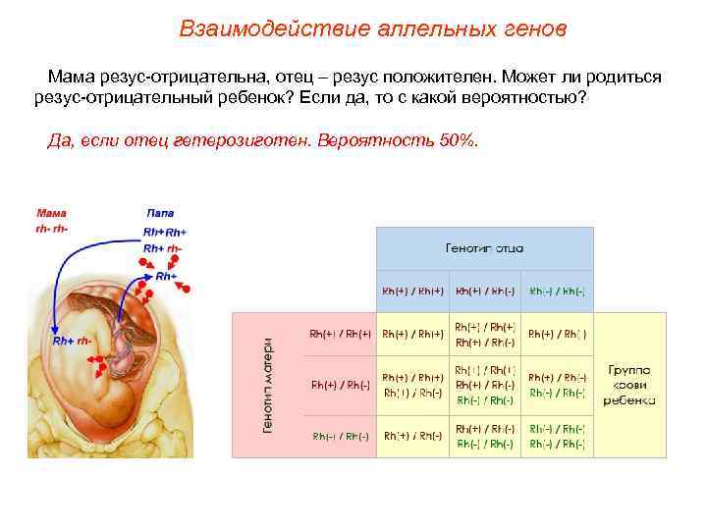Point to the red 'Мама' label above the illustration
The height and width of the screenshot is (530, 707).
pos(52,213)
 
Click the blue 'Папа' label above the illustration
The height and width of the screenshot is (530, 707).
pos(160,213)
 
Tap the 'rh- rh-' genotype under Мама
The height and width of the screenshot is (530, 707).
pos(52,228)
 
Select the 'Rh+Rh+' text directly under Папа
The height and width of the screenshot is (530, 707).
pos(164,232)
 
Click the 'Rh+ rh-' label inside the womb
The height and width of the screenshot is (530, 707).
pos(72,341)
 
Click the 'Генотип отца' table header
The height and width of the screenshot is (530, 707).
pos(485,248)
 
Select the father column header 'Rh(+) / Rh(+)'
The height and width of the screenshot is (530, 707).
pos(412,291)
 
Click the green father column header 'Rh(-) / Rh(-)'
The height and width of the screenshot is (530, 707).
pos(558,291)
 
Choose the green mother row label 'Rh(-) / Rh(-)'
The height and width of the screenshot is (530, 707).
pos(341,436)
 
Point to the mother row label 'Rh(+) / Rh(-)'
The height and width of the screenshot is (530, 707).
pos(341,385)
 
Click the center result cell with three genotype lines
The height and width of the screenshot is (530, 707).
pos(485,385)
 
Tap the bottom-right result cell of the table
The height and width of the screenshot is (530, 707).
pos(558,436)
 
